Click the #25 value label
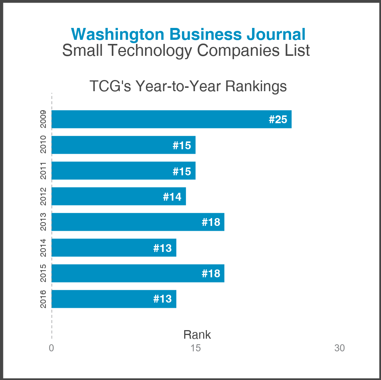[x=278, y=119]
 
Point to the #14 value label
[x=172, y=197]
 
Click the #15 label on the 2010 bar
[x=182, y=145]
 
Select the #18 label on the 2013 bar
[x=211, y=222]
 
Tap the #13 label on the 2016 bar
[x=163, y=299]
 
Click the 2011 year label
[x=43, y=170]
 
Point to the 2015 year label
[x=43, y=273]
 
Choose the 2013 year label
[x=43, y=222]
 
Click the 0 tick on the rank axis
[x=51, y=348]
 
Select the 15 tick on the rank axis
[x=196, y=348]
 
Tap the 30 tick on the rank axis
[x=340, y=348]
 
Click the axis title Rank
[x=197, y=335]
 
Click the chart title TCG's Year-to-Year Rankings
[x=188, y=86]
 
